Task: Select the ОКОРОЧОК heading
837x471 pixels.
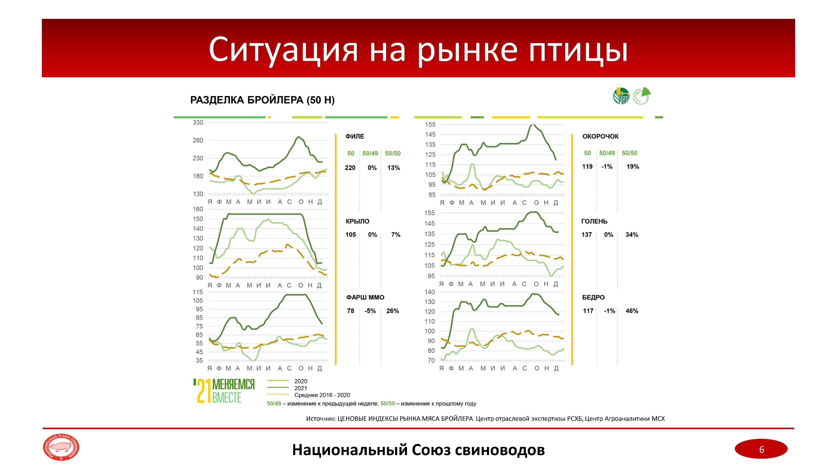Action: coord(600,136)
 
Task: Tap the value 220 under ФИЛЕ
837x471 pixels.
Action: coord(350,168)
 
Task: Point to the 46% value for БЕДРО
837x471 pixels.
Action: coord(632,311)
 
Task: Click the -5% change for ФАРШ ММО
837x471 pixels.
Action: coord(370,311)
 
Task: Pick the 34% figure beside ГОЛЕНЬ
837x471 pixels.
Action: coord(632,235)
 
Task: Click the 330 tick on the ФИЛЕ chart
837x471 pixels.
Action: coord(198,122)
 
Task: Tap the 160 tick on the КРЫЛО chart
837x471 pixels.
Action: coord(198,209)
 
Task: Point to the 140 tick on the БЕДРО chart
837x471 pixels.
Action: coord(430,292)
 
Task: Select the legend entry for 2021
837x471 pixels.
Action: coord(300,388)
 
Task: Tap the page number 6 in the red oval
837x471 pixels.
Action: coord(761,450)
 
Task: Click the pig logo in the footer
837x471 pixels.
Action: coord(61,448)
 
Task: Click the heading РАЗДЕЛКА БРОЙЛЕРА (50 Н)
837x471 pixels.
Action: coord(262,100)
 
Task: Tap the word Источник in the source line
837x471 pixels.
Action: coord(320,419)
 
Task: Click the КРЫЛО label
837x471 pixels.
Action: coord(357,221)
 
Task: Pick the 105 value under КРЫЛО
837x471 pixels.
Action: coord(350,235)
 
